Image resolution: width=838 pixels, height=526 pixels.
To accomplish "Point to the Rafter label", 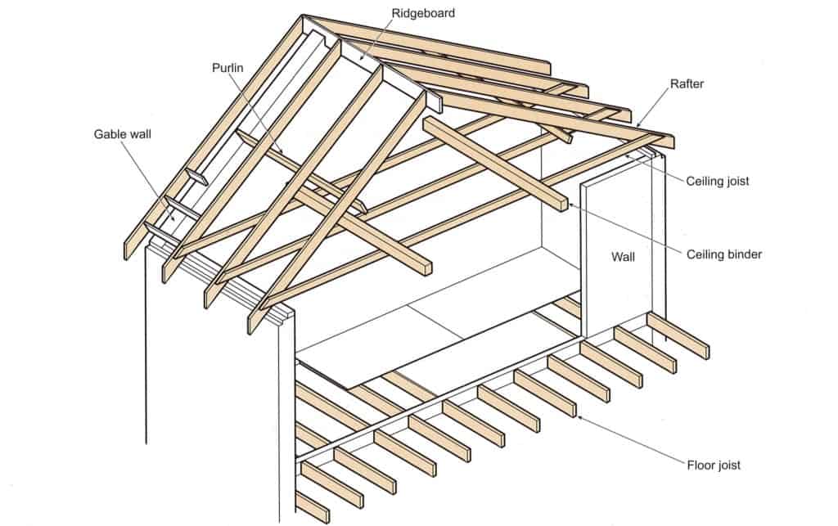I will [x=686, y=83].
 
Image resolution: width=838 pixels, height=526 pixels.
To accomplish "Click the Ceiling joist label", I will [x=718, y=181].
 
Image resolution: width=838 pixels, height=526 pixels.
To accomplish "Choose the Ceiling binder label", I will [x=723, y=254].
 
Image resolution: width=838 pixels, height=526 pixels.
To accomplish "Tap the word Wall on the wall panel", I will [x=624, y=256].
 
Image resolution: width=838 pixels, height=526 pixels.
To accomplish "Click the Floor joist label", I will [x=714, y=465].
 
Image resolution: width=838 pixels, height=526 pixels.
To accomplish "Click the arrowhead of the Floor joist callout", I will [x=579, y=417].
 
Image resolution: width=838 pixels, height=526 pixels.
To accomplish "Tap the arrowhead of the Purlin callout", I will [x=284, y=153].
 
